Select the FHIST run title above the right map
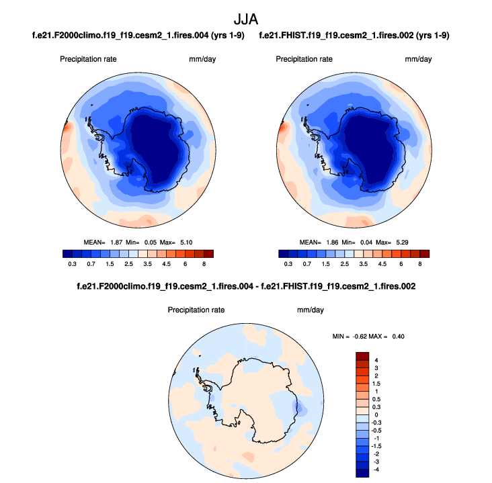[x=354, y=35]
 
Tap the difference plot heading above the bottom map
[x=247, y=286]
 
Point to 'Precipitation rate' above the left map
[x=89, y=59]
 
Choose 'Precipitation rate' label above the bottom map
[x=196, y=310]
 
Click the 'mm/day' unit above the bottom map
[x=311, y=310]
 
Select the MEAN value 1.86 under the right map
[x=329, y=242]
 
